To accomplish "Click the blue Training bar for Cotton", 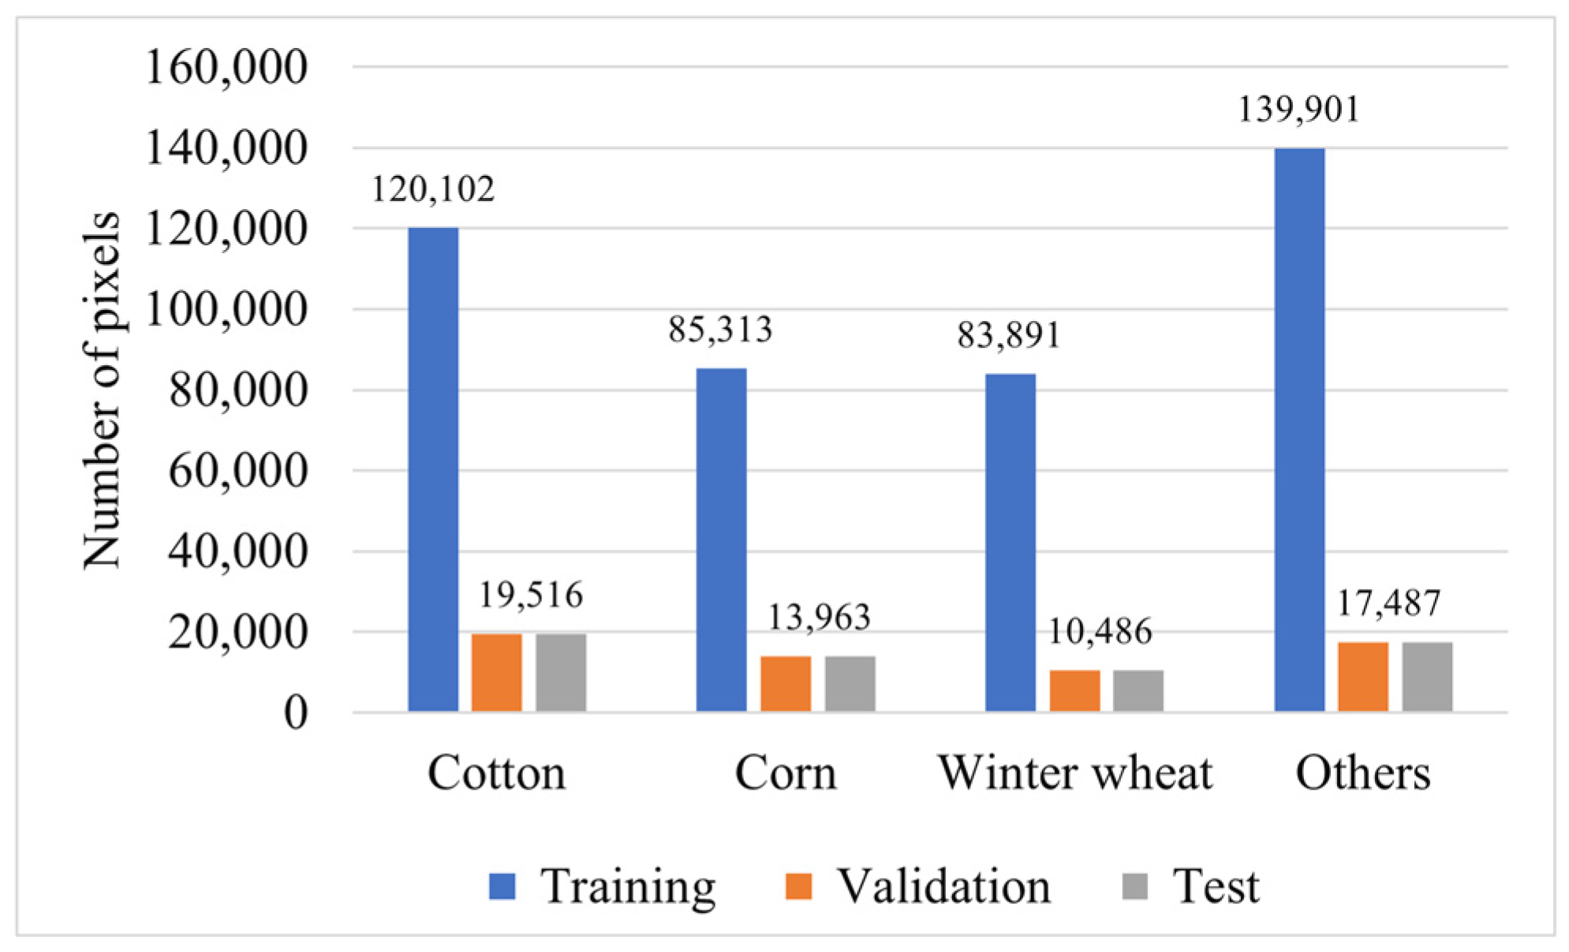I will [433, 469].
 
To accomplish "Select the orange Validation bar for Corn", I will [785, 684].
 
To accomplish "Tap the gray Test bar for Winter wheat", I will [1138, 691].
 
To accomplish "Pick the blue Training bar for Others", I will [1299, 430].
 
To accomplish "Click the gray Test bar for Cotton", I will [561, 673].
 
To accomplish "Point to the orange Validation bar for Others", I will [1363, 677].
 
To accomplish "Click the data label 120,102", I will [433, 190].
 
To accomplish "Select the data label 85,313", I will [720, 330].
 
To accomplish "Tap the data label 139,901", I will [1298, 110].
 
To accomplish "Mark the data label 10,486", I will [1100, 632].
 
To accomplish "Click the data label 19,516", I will [531, 595].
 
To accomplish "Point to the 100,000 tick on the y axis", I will [226, 309].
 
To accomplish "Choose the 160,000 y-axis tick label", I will [226, 67].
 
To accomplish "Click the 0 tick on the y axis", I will [296, 713].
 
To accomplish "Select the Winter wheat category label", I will [1074, 773].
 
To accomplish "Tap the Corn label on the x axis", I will [786, 773].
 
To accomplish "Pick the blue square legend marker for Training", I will [502, 887].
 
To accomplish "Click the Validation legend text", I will [943, 887].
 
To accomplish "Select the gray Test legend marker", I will [1135, 887].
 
